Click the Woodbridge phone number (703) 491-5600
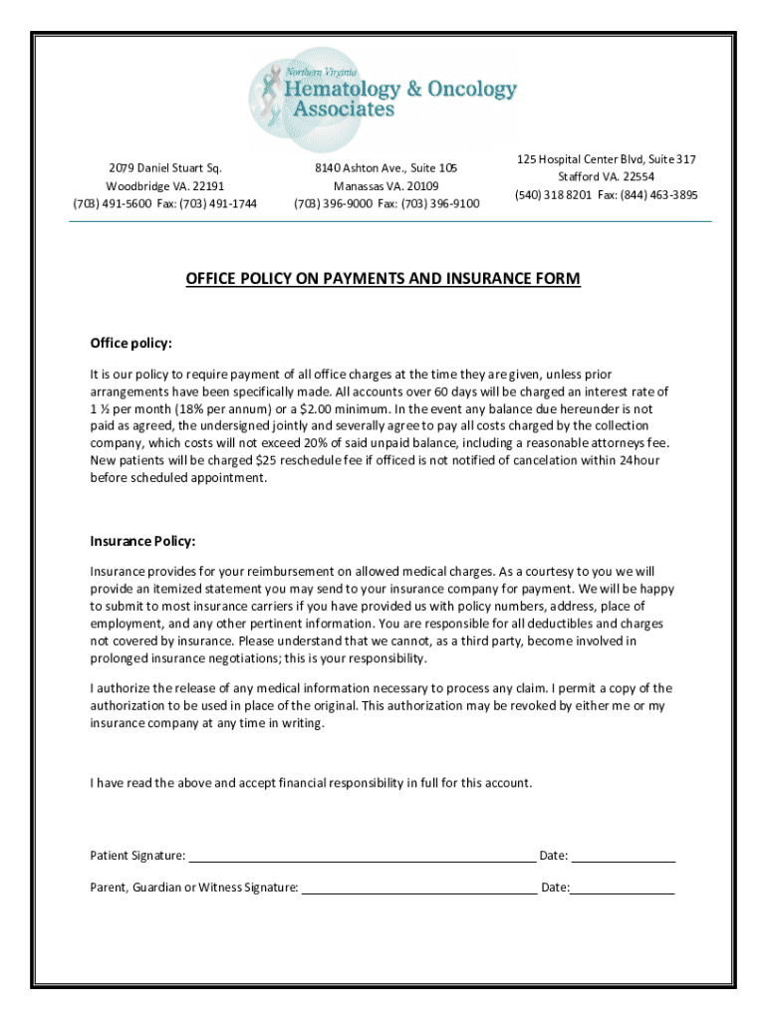point(113,204)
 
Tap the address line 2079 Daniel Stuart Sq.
point(165,167)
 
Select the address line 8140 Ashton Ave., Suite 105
point(385,167)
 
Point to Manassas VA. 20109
point(385,186)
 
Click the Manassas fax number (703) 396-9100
point(440,204)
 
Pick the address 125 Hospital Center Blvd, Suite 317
point(606,159)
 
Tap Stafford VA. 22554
point(606,177)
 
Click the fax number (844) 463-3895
point(658,195)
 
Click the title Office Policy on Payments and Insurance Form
point(383,279)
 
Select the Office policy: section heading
point(130,344)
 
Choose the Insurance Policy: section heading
point(142,541)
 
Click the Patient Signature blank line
point(362,855)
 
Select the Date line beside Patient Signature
point(624,855)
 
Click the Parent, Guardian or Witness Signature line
point(418,887)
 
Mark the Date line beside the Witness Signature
point(623,887)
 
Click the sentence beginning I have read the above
point(311,783)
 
